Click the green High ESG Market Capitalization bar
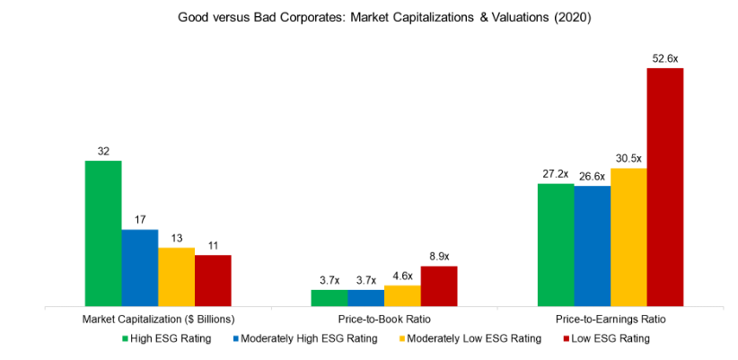103,233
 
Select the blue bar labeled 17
140,268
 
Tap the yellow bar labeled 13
176,277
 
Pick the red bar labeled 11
213,280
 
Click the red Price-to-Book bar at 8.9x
439,285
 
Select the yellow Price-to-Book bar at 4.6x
402,295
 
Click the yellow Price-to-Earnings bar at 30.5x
628,237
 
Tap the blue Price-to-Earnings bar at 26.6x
593,246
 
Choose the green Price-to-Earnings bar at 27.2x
556,245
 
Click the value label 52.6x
665,58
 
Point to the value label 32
103,151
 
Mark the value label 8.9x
439,257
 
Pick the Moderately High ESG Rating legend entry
305,338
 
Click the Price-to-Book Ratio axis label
383,319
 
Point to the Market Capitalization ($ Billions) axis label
158,319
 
